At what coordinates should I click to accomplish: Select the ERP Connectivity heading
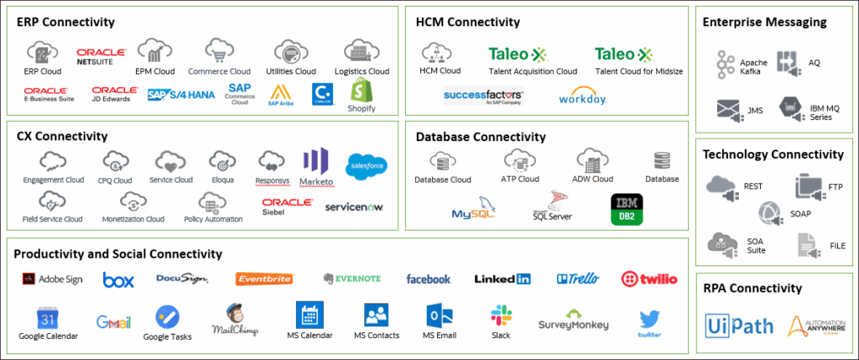pos(65,22)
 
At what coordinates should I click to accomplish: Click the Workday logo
pos(583,97)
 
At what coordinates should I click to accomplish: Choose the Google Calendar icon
pos(47,318)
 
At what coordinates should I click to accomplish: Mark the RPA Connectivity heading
pos(752,289)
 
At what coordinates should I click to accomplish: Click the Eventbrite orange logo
pos(265,279)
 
